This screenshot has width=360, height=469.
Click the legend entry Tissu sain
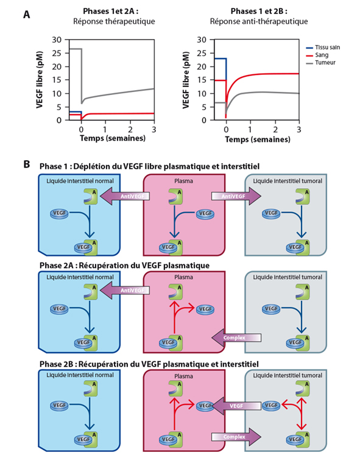click(323, 48)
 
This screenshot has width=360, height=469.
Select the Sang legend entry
click(317, 55)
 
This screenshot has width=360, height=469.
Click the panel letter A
click(27, 15)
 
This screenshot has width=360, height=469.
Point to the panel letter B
click(27, 164)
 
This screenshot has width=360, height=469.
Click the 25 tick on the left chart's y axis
click(57, 53)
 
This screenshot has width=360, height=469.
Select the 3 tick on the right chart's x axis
click(298, 129)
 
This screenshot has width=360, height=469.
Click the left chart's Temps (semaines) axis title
click(113, 138)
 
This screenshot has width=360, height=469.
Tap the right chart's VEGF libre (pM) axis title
click(186, 80)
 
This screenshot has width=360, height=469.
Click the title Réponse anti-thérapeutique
click(259, 21)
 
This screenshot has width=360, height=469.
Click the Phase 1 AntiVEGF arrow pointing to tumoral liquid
click(236, 196)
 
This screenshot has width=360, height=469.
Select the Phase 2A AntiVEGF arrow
click(124, 290)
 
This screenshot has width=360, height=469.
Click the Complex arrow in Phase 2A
click(236, 337)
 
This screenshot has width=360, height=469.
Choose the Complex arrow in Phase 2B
click(236, 437)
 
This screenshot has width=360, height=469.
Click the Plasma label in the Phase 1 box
click(183, 181)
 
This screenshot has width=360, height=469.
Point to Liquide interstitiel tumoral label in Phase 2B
click(288, 375)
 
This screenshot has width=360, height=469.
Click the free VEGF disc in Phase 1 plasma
click(205, 214)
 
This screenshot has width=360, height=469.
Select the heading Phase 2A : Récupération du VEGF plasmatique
click(124, 266)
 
